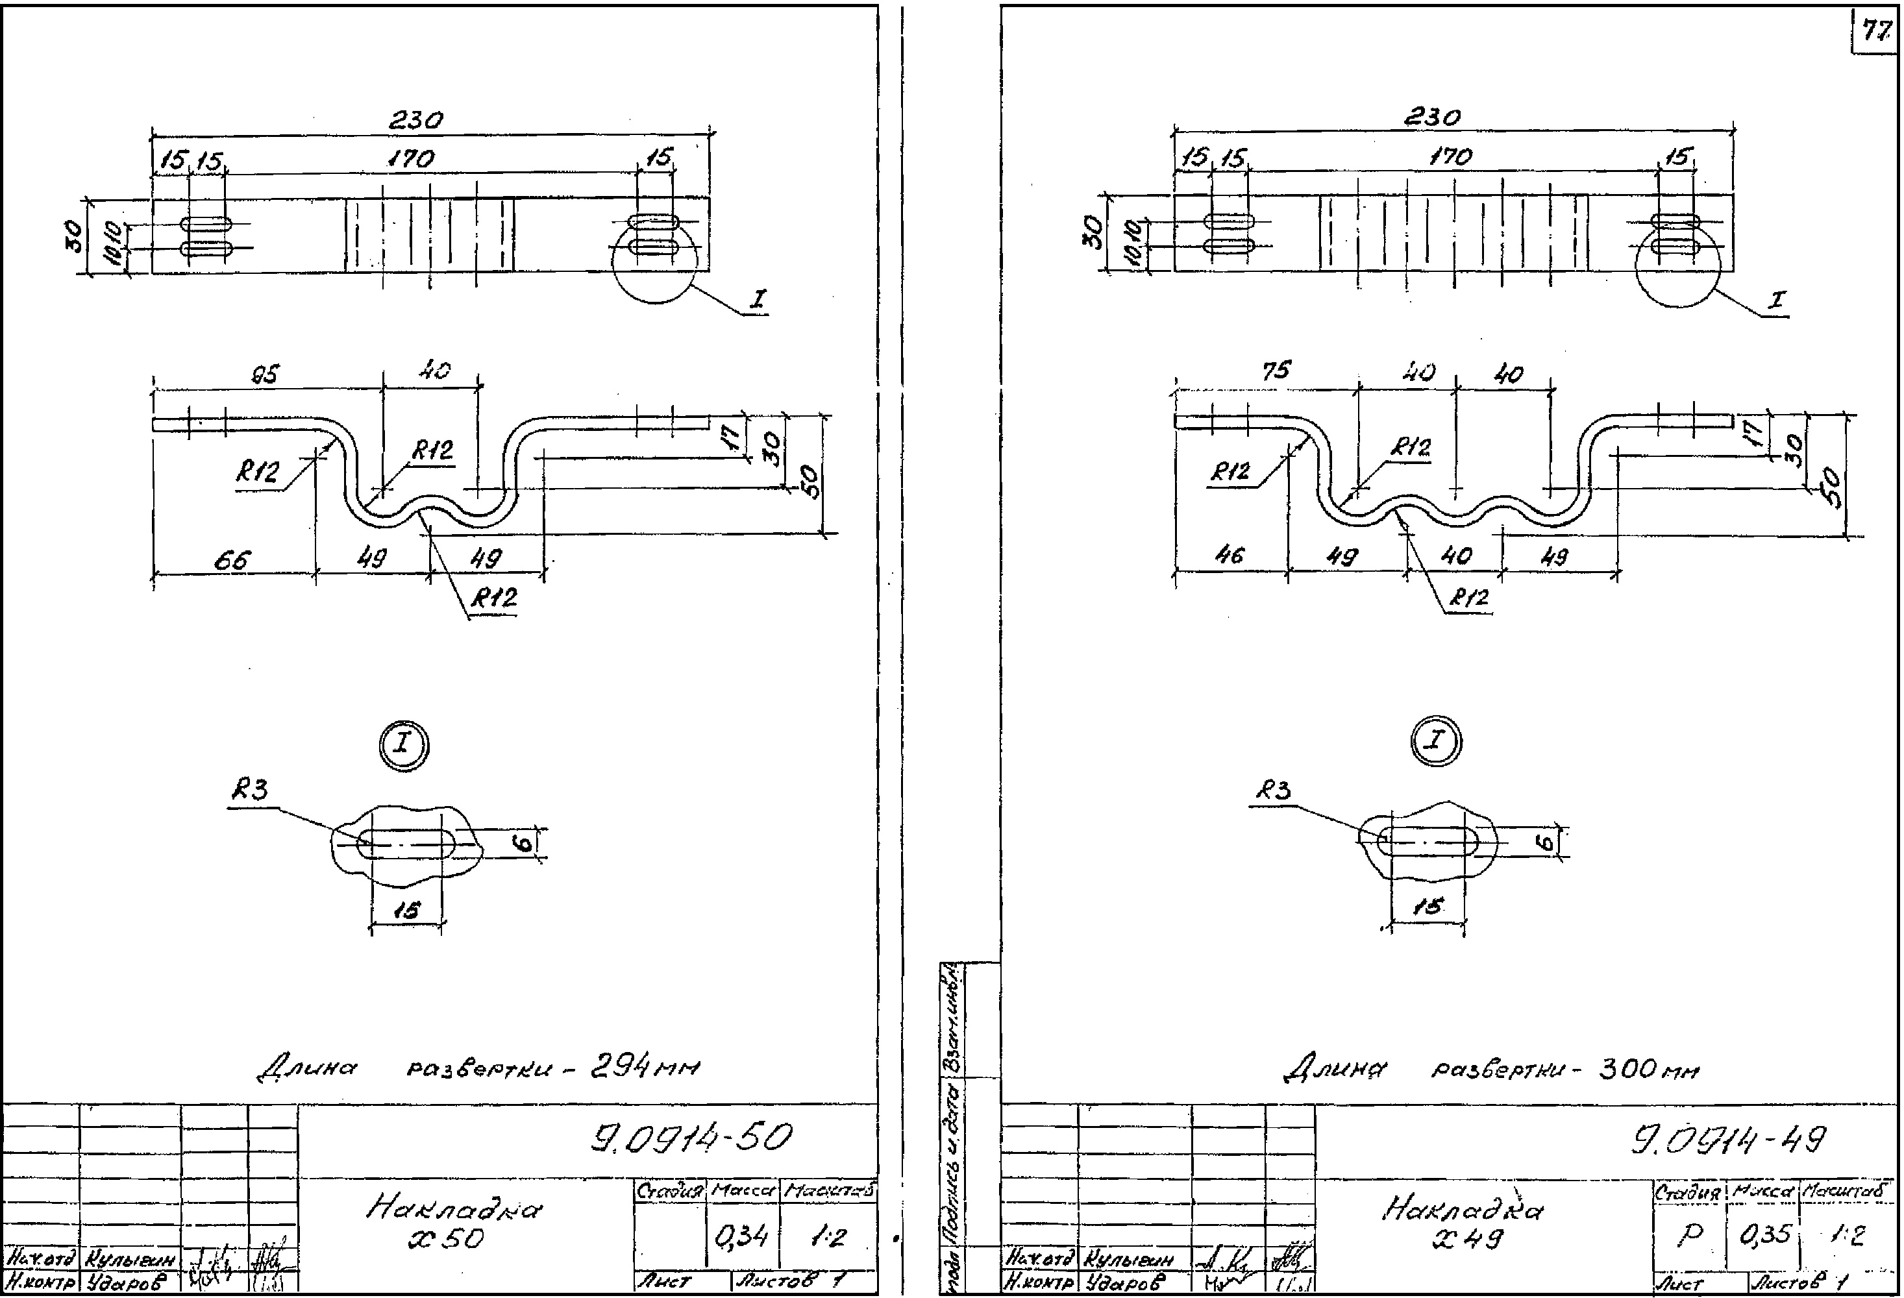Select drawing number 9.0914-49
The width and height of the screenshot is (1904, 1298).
pos(1729,1140)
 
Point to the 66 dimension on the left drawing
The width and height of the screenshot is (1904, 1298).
pos(232,561)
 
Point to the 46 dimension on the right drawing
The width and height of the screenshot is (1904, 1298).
pos(1229,556)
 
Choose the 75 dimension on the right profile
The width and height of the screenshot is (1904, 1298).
pos(1276,371)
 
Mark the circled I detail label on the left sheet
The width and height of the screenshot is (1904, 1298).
pos(404,745)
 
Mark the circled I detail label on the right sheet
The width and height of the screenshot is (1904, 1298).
pos(1435,741)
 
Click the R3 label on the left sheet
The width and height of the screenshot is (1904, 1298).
pos(250,790)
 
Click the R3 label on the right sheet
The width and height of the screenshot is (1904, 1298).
pos(1273,790)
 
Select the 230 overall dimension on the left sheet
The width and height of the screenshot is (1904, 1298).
pos(415,120)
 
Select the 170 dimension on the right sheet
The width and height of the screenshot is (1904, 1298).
pos(1450,156)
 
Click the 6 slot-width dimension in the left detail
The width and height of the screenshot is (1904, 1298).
pos(528,842)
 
